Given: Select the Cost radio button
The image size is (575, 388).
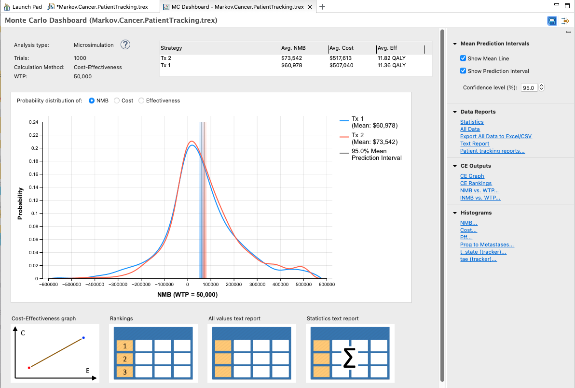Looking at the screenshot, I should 117,101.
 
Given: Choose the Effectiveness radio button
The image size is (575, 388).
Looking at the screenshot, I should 141,101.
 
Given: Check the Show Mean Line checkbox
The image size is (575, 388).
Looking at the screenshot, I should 464,58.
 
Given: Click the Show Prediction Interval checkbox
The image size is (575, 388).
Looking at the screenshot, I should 464,71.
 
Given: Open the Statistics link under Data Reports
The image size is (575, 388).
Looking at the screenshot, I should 472,122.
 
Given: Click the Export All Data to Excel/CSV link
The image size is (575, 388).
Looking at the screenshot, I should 496,136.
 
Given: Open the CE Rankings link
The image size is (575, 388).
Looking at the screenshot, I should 476,183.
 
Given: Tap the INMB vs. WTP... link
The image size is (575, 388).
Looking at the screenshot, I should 480,198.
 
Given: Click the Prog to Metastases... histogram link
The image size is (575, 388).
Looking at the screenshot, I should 487,244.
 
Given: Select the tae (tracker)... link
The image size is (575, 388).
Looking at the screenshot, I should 478,259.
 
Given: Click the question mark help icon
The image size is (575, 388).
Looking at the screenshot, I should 125,45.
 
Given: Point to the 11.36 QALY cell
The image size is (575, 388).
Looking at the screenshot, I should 391,65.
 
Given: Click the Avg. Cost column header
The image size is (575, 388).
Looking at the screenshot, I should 342,48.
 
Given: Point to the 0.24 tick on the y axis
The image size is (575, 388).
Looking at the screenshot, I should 34,122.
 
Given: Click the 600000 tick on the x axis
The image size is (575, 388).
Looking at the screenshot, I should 327,285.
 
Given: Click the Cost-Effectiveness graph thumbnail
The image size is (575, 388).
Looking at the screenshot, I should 55,353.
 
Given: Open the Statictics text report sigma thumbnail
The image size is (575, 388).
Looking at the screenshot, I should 350,353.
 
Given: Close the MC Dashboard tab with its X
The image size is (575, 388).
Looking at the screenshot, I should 310,7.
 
